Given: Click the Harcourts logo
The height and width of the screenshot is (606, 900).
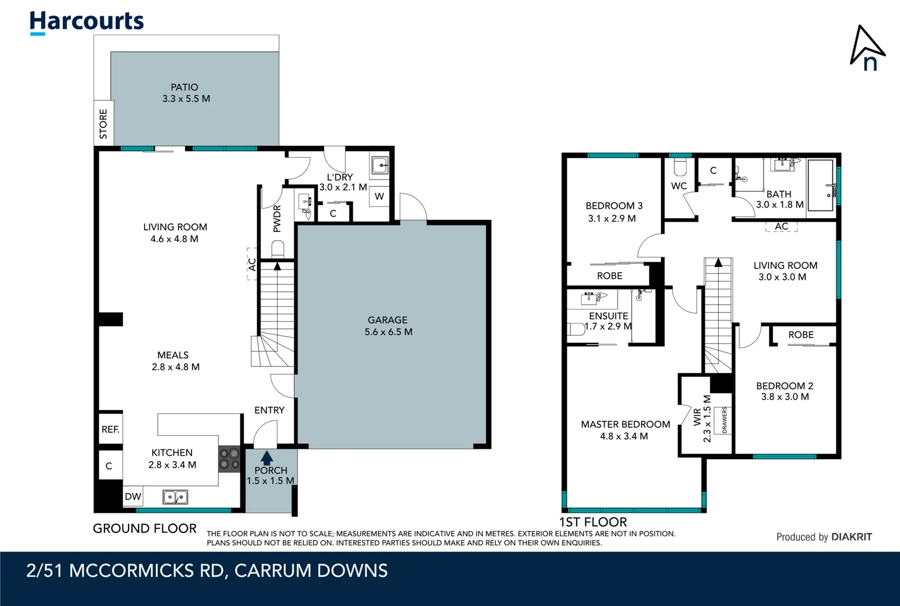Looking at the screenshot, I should tap(86, 22).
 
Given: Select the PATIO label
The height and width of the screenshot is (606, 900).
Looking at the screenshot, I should tap(184, 87).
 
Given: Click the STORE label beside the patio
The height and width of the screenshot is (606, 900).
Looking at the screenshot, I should tap(103, 123).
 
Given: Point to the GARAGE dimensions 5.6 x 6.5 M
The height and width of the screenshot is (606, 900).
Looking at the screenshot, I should tap(388, 332).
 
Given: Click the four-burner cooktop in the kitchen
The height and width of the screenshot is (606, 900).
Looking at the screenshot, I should tap(229, 458).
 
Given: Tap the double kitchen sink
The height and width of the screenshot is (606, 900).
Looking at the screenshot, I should tap(175, 497).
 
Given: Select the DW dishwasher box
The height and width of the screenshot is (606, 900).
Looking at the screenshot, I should tap(133, 497).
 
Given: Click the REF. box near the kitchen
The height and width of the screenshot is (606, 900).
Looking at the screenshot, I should tap(110, 429).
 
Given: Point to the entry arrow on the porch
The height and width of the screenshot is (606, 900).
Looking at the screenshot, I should tap(267, 457).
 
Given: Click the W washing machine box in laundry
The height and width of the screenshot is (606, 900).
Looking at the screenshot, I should tap(380, 196).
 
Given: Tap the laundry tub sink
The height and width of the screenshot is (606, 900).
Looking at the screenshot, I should tap(380, 166).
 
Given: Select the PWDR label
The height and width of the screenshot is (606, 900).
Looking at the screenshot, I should tap(277, 218).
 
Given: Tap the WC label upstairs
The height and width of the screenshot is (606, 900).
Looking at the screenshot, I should tap(679, 186).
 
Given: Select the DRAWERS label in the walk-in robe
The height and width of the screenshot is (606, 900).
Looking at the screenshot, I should tap(724, 420).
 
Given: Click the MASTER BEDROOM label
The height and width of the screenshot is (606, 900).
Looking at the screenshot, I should tap(625, 424).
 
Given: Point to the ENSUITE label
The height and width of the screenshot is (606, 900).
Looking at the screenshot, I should tap(608, 316).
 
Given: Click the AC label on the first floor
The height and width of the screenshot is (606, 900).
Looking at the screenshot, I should tap(781, 226).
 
